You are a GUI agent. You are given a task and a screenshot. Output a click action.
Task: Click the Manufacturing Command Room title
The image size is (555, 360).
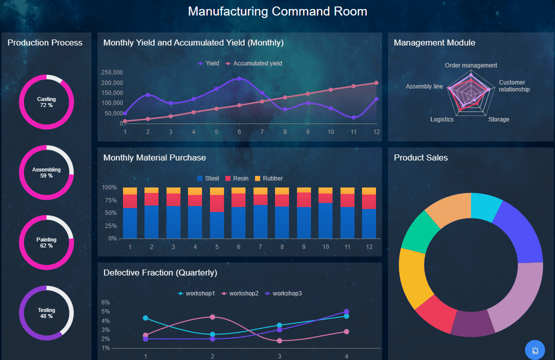[277, 11]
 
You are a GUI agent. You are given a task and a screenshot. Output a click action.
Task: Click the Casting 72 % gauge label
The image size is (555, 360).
[46, 102]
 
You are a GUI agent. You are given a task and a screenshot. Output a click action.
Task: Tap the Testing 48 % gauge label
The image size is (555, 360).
[46, 313]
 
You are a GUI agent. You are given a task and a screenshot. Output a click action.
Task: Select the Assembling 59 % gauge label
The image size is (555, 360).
[46, 172]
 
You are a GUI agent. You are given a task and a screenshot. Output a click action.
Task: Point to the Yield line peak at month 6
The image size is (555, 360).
[239, 78]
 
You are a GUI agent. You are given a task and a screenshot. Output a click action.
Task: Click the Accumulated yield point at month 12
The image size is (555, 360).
[376, 83]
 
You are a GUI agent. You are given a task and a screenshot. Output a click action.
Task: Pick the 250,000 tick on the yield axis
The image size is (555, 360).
[112, 72]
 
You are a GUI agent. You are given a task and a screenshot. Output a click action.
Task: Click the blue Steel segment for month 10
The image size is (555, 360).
[325, 220]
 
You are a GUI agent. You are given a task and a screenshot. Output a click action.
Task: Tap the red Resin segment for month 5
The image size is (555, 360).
[217, 203]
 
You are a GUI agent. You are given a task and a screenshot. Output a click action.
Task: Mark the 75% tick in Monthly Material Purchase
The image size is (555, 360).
[109, 200]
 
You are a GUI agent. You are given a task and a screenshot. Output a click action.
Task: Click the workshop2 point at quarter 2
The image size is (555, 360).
[212, 317]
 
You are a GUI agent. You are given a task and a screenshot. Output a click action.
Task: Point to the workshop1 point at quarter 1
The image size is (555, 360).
[145, 318]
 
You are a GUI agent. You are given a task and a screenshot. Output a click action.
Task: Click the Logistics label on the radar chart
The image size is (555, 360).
[442, 119]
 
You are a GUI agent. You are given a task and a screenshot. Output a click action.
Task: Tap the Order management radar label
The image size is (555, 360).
[471, 65]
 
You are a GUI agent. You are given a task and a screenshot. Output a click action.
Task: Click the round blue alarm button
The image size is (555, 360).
[535, 350]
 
